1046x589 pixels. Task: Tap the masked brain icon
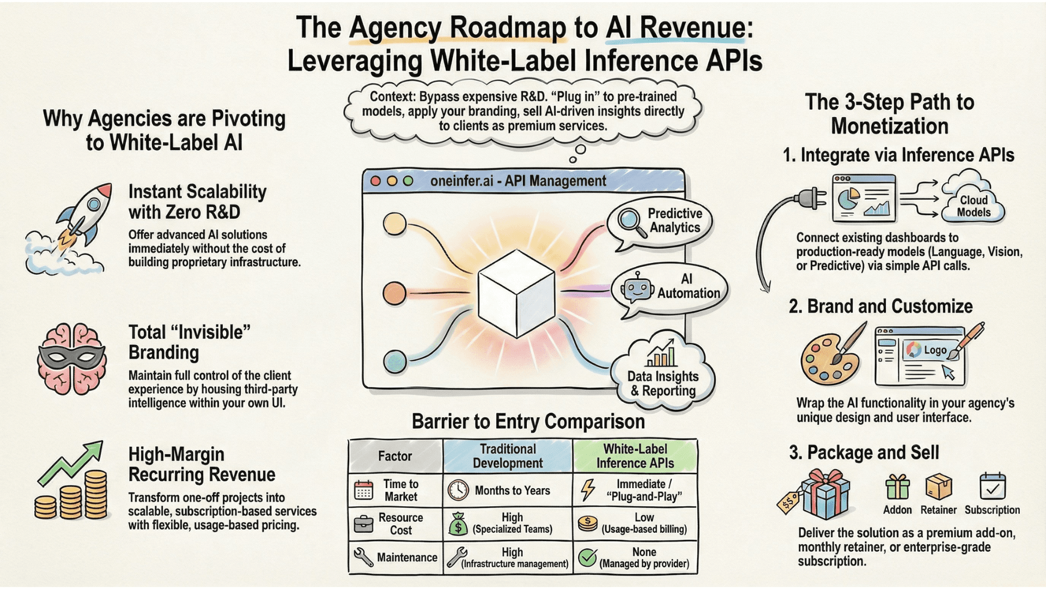[71, 358]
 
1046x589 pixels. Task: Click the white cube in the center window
[516, 293]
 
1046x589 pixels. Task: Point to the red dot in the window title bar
[375, 181]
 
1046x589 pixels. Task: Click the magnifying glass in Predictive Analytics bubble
[630, 221]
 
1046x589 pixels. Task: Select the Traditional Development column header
[508, 456]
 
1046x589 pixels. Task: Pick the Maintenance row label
[406, 557]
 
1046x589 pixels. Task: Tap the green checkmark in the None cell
[587, 557]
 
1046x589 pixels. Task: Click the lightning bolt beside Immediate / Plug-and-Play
[588, 490]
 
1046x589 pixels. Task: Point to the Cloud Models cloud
[974, 202]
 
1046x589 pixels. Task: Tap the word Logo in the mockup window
[935, 350]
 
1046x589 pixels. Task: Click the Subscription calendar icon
[992, 486]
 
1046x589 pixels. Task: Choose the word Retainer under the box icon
[938, 510]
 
